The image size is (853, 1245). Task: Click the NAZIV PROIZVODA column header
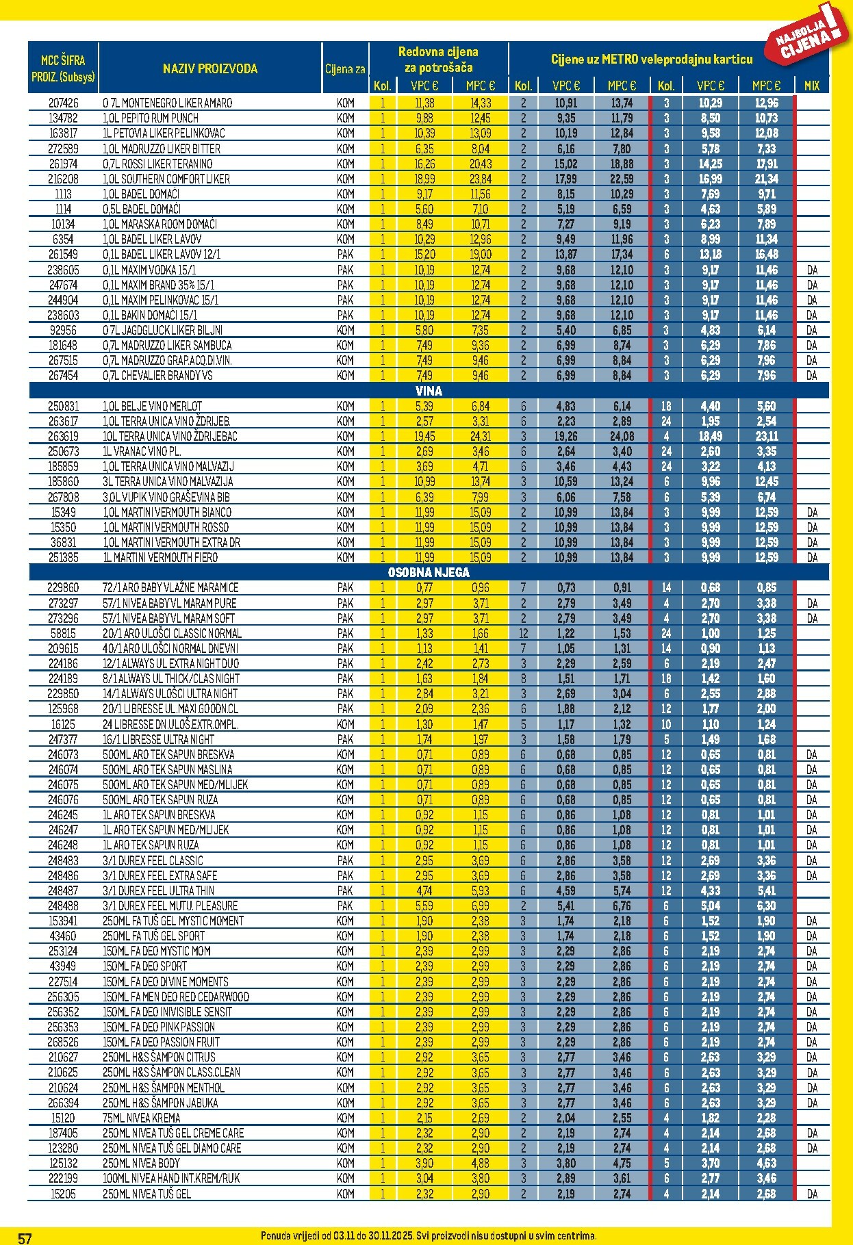(x=210, y=68)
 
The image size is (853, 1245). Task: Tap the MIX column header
(x=811, y=86)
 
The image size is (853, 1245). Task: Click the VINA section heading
(x=429, y=391)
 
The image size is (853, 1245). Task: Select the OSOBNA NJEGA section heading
(x=429, y=572)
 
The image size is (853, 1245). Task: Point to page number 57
(x=25, y=1237)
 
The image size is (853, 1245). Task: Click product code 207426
(x=63, y=103)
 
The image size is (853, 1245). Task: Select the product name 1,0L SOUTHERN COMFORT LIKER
(x=166, y=179)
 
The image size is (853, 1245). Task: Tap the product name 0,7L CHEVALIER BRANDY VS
(x=157, y=375)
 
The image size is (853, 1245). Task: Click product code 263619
(x=63, y=436)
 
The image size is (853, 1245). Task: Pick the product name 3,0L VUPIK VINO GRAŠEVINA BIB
(x=167, y=497)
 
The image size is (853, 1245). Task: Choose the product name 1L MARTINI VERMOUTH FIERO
(x=160, y=557)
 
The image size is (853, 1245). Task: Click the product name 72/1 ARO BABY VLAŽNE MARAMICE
(x=170, y=587)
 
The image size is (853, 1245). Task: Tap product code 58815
(x=63, y=633)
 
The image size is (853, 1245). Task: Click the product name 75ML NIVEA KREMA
(x=142, y=1118)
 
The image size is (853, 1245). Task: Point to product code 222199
(x=63, y=1178)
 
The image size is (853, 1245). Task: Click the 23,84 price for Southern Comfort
(x=480, y=179)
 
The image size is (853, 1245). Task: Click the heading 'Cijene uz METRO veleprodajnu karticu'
(x=651, y=60)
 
